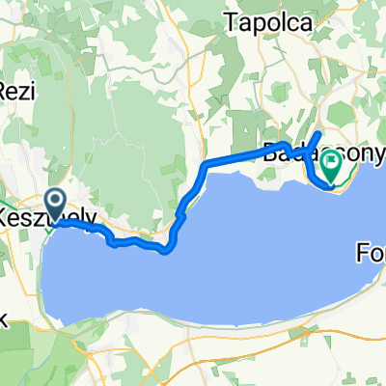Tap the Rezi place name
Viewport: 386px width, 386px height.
click(16, 91)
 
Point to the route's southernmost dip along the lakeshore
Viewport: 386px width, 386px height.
click(167, 252)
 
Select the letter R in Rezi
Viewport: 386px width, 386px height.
click(6, 91)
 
